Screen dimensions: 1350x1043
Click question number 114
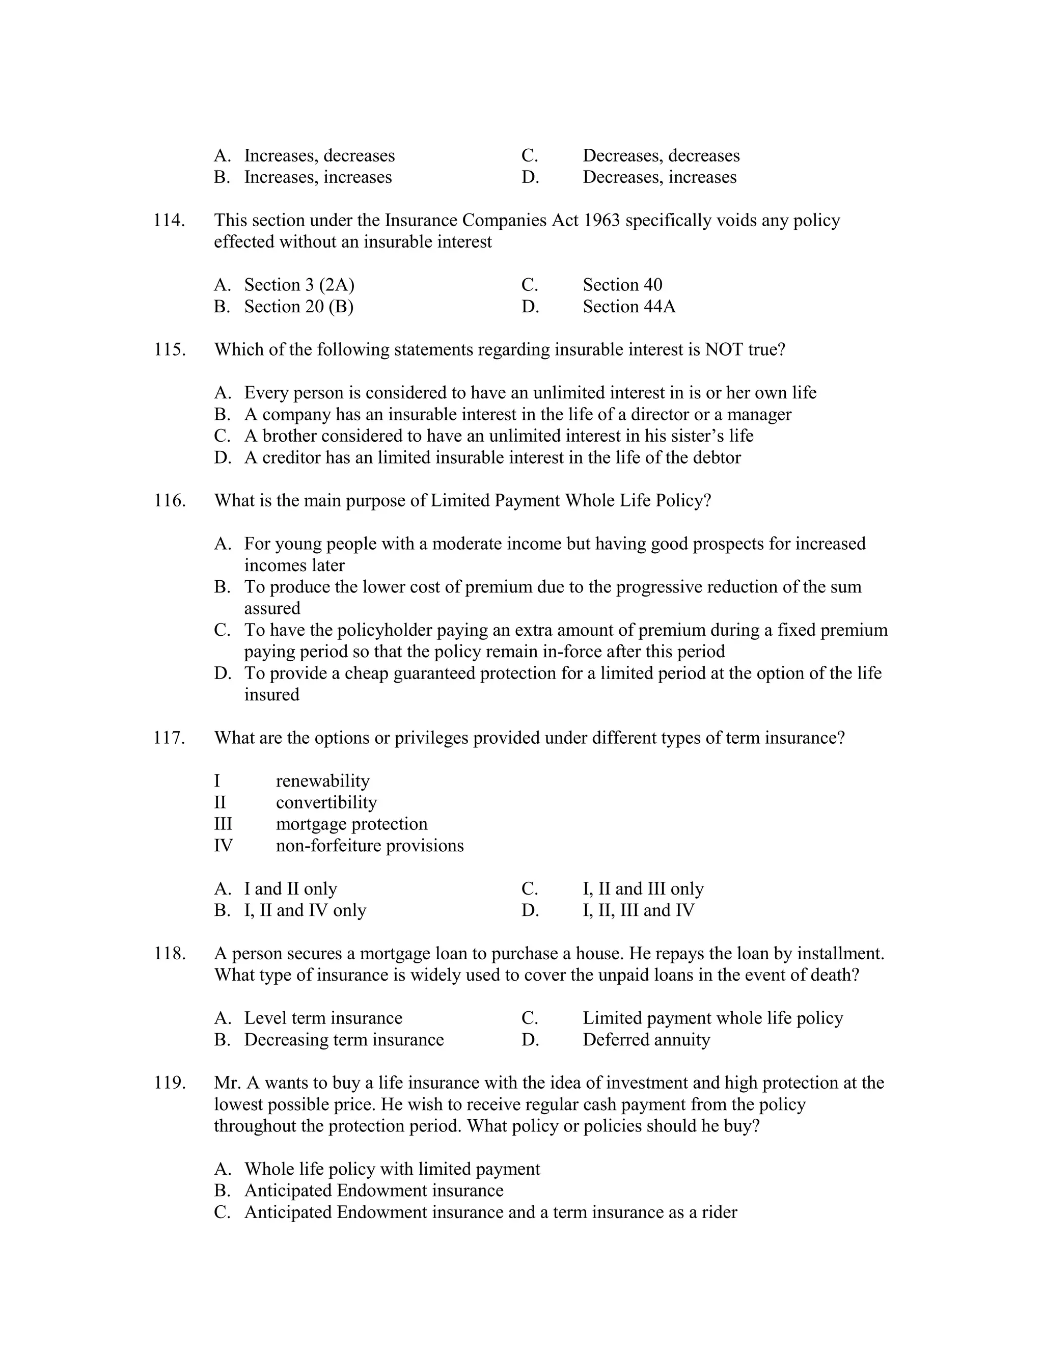(169, 220)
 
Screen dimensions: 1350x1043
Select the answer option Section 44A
(628, 307)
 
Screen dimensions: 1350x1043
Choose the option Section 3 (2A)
(299, 285)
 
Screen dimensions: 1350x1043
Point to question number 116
(169, 501)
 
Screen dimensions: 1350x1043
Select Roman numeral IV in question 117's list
(223, 846)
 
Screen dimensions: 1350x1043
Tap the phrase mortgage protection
(351, 824)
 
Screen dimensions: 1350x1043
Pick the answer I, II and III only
(643, 889)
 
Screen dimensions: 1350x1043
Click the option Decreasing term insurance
(344, 1040)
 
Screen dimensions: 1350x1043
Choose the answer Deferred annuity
(646, 1040)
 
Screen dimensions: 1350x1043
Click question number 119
(169, 1083)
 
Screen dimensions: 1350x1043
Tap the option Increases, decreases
(319, 156)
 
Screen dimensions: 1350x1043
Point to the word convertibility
(325, 802)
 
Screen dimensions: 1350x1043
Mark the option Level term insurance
(322, 1018)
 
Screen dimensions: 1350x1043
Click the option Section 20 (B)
(298, 307)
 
